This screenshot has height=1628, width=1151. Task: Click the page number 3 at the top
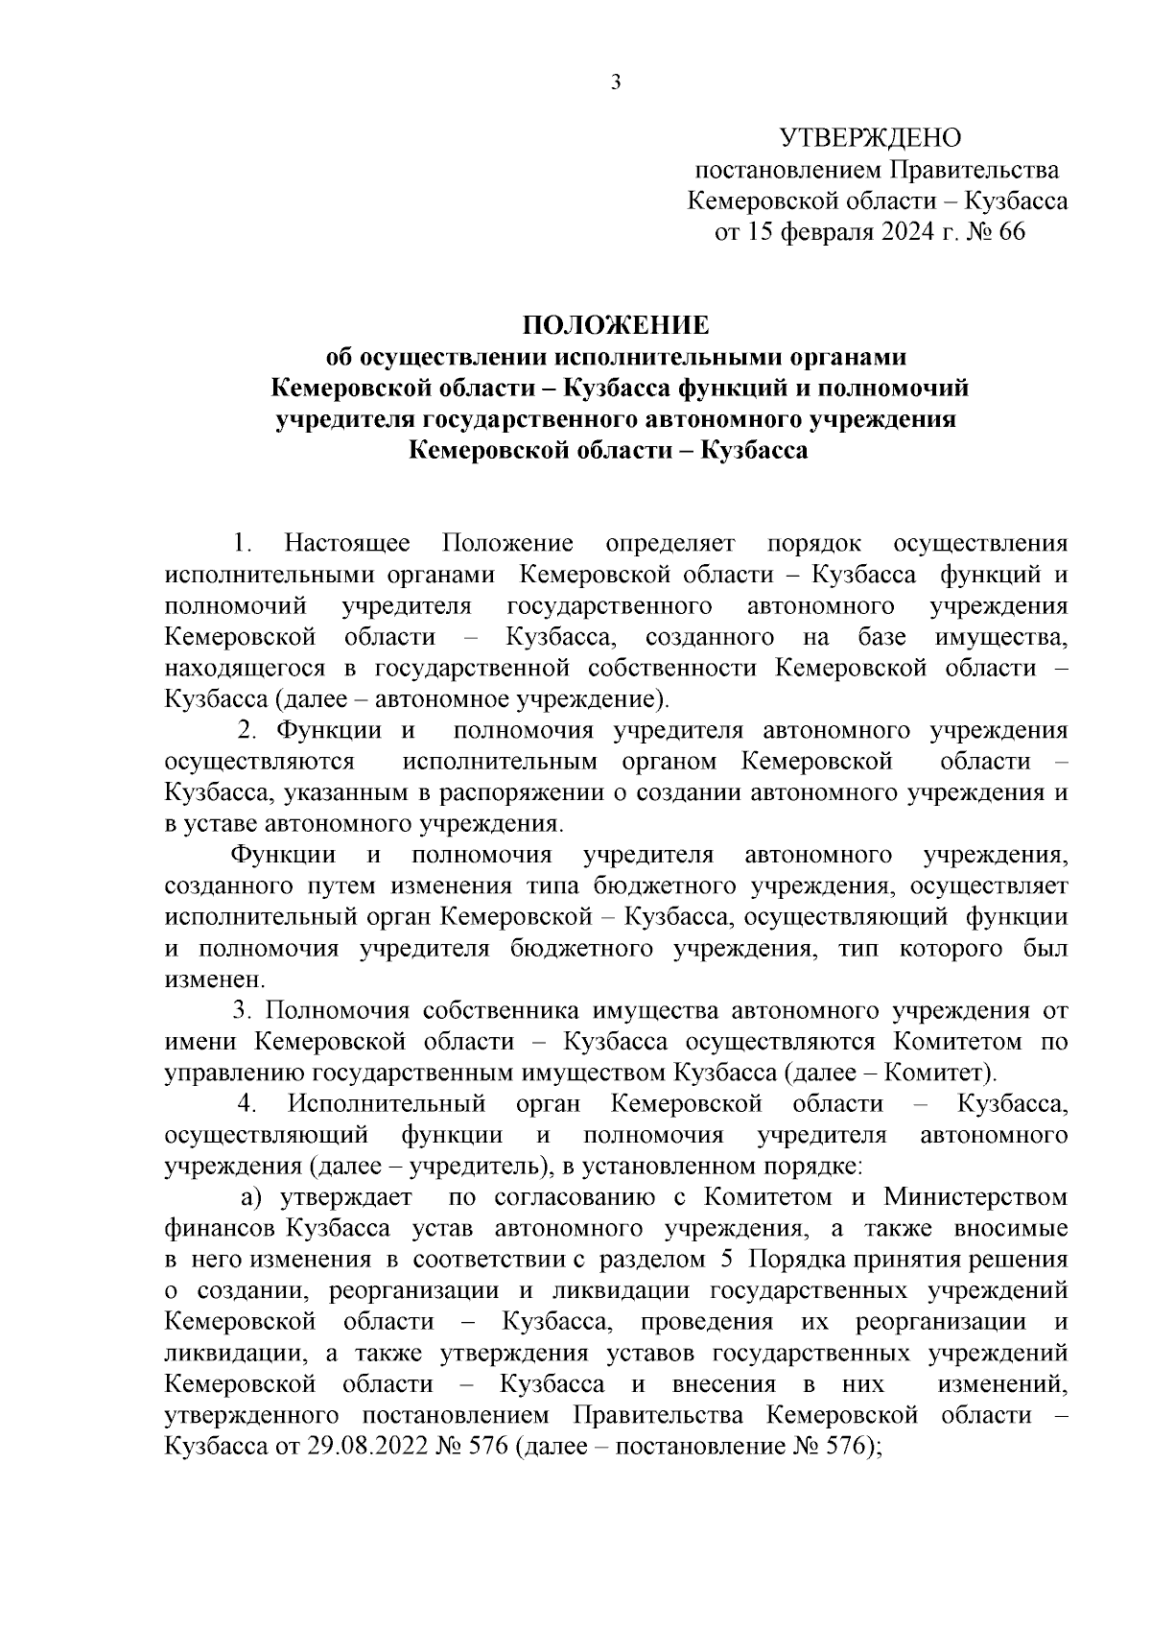pos(616,83)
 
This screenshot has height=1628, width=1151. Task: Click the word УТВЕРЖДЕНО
pos(870,139)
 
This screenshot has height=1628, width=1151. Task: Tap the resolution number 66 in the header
pos(1012,232)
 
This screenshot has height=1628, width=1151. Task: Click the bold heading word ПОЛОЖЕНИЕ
pos(616,325)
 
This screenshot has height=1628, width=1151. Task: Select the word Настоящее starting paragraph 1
pos(347,544)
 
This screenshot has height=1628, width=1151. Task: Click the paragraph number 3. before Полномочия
pos(243,1010)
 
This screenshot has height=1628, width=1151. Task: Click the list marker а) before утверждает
pos(251,1196)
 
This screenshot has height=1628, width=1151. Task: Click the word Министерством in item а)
pos(975,1196)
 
